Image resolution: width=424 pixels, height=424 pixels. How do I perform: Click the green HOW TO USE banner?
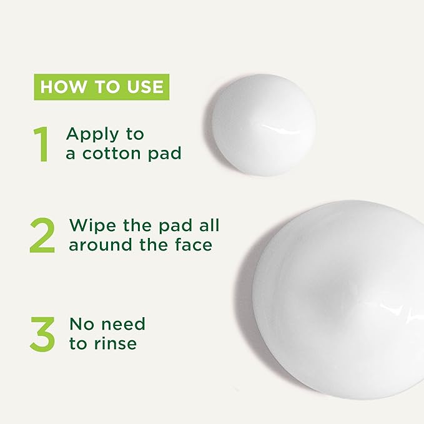tap(102, 87)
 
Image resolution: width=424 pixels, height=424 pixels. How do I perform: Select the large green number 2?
tap(42, 235)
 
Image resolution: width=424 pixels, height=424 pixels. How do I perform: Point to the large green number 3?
tap(42, 334)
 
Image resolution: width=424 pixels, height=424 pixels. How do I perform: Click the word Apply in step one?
tap(90, 135)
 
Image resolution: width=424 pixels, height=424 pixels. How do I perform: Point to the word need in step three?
tap(123, 324)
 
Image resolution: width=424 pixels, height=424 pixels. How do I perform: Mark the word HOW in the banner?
tap(61, 87)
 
